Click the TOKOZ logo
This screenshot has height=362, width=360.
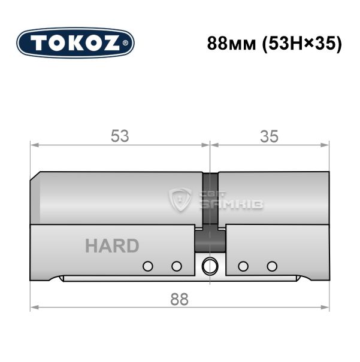75,43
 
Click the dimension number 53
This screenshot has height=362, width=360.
120,136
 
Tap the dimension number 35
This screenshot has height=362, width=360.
269,136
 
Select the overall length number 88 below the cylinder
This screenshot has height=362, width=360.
179,299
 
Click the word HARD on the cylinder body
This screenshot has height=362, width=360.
112,246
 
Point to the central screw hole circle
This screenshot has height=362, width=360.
210,266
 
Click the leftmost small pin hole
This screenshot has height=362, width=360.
148,266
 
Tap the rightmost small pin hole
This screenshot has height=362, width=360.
272,266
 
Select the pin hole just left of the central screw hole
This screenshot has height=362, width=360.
177,266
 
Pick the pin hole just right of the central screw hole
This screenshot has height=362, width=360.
243,266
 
